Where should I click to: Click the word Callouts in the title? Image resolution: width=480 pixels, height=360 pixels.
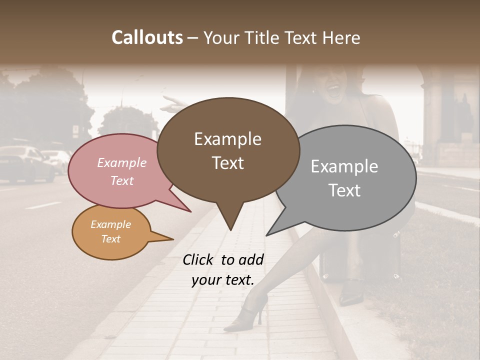click(x=147, y=37)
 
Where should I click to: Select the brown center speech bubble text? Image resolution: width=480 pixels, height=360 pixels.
click(x=228, y=150)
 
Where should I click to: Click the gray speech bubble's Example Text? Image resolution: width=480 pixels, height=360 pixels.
click(x=344, y=178)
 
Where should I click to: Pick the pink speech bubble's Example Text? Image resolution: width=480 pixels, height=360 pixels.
click(x=121, y=171)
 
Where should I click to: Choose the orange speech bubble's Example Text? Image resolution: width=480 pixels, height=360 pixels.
click(x=110, y=231)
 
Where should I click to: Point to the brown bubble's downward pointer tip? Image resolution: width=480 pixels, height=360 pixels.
click(x=230, y=230)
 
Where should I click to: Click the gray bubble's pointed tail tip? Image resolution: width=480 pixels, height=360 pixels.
click(x=266, y=235)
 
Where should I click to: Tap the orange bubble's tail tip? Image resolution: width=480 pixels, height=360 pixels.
click(x=173, y=239)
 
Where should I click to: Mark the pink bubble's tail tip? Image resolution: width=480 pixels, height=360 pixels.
click(x=190, y=211)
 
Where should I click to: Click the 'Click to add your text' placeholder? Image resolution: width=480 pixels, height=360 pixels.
click(x=223, y=269)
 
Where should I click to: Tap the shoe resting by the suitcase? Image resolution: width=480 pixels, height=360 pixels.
click(x=351, y=294)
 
